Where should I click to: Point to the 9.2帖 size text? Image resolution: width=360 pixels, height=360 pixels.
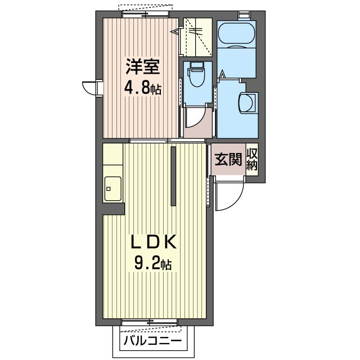coord(153,262)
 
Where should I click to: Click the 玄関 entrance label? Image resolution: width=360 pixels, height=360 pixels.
coord(227,160)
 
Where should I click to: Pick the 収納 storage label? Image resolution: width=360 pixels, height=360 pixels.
coord(252,160)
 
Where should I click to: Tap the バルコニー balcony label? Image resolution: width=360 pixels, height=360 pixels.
coord(152,341)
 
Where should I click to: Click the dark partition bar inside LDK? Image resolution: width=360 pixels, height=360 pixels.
coord(174,175)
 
